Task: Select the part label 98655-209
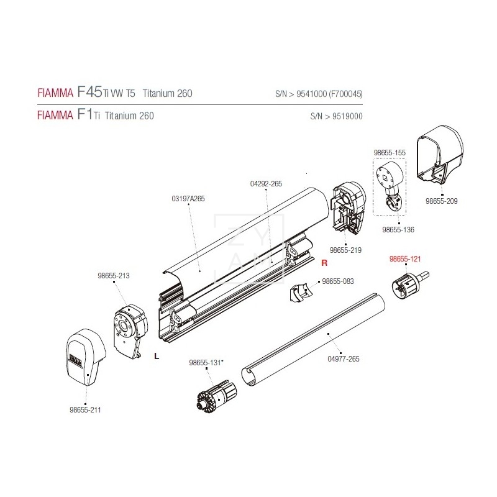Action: click(441, 201)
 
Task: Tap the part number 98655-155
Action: click(390, 152)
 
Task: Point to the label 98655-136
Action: click(398, 229)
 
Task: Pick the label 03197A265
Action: click(188, 199)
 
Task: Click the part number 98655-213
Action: click(114, 276)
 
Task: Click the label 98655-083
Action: click(337, 281)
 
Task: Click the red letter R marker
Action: click(324, 263)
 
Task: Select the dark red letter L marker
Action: click(155, 356)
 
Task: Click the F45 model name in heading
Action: click(89, 93)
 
